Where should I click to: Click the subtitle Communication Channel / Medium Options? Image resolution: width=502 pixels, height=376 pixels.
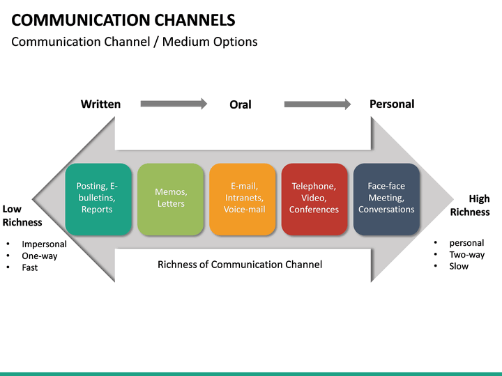pos(135,42)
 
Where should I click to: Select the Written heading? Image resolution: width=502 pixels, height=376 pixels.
pos(100,104)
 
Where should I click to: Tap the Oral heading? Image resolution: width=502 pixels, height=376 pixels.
pos(240,104)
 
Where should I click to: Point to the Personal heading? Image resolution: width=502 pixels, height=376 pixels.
pos(391,104)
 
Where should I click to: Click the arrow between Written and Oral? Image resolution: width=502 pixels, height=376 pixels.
pos(174,104)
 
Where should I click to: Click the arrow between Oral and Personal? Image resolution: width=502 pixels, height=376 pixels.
pos(317,104)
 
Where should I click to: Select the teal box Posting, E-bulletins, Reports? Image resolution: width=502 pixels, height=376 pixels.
pos(98,198)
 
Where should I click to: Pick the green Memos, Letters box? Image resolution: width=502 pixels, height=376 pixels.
pos(171,198)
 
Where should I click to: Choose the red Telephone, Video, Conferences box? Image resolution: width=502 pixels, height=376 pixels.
pos(314,198)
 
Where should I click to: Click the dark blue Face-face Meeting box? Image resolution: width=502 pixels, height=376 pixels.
pos(386,198)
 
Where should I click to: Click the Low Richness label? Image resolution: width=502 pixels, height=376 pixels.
pos(22,216)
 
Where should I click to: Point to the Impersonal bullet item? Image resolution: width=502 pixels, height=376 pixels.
pos(44,244)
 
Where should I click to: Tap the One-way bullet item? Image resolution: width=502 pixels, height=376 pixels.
pos(39,256)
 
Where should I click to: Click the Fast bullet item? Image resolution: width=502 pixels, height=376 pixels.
pos(30,267)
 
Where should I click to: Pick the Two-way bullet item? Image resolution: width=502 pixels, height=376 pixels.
pos(466,255)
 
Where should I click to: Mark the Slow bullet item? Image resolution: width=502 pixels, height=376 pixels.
pos(459,266)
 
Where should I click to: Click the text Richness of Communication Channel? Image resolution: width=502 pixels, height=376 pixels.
pos(240,265)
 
